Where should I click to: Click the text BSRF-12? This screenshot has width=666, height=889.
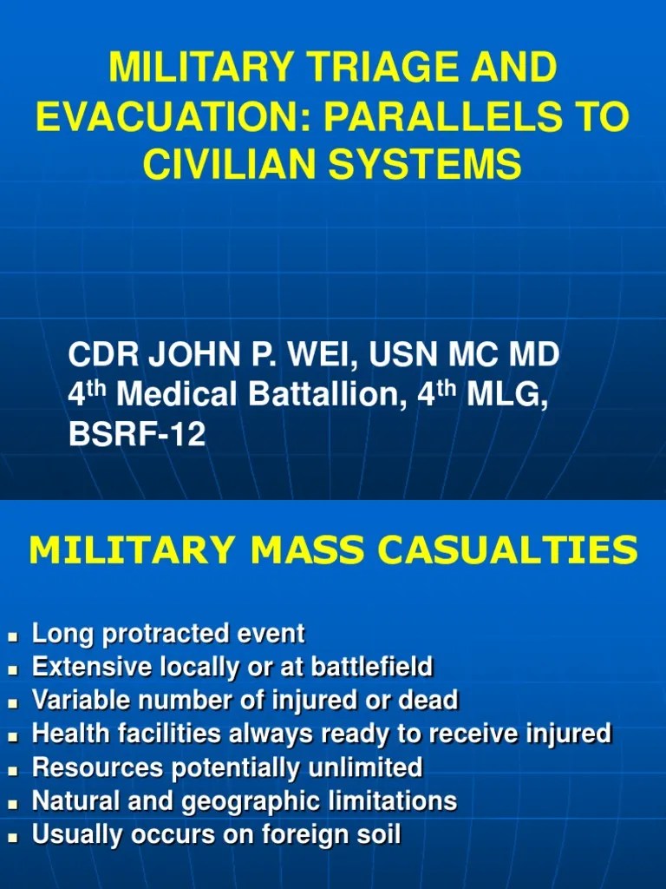[x=137, y=433]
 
